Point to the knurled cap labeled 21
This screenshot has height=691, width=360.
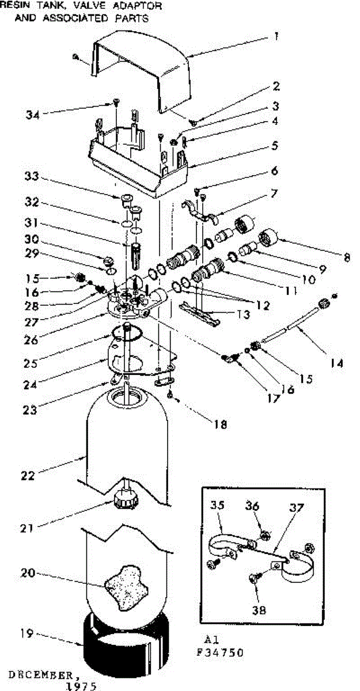(x=125, y=499)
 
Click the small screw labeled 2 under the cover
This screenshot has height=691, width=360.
(x=193, y=122)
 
